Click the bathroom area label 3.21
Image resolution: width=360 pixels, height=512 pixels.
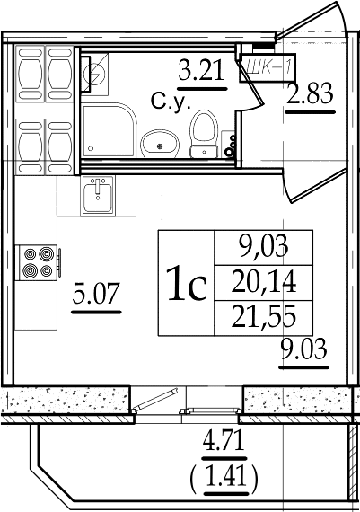point(202,70)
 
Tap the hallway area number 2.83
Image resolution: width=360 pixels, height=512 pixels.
point(310,93)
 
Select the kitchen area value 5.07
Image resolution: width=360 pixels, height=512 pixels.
point(96,293)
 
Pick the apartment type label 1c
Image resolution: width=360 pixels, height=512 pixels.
point(186,283)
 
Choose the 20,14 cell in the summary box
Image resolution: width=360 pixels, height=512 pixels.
point(264,282)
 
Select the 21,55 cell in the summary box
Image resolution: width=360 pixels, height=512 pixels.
point(264,316)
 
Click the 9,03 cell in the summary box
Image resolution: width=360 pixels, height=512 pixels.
point(264,246)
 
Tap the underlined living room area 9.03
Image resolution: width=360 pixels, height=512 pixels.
point(303,349)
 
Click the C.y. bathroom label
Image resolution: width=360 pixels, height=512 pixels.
point(171,102)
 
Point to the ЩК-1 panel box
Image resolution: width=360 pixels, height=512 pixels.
point(268,67)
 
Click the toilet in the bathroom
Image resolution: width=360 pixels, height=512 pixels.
point(204,134)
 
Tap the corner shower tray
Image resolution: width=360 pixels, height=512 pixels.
point(109,130)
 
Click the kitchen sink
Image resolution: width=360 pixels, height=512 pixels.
point(98,195)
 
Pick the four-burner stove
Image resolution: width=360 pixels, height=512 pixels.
point(39,262)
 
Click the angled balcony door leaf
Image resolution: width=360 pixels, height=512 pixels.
point(155,400)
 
